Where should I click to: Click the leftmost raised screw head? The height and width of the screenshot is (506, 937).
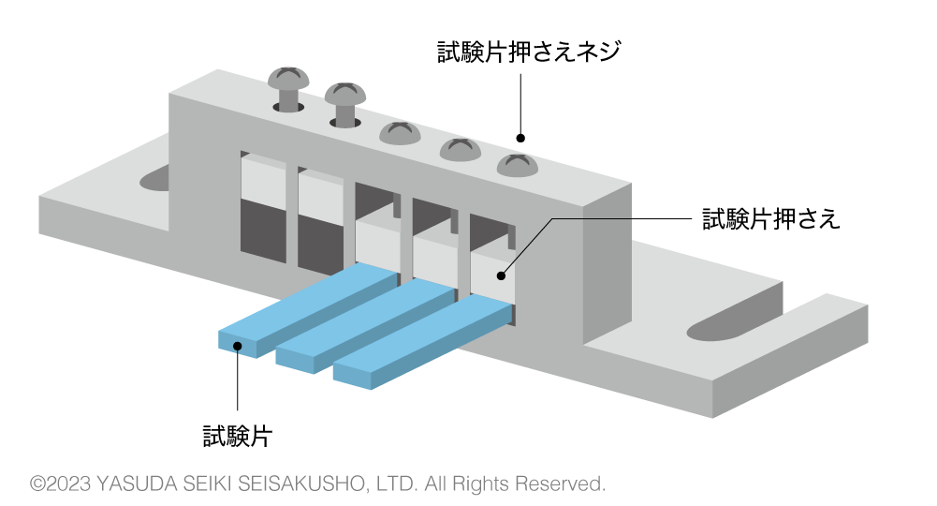288,80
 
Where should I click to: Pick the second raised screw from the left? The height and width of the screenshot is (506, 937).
345,94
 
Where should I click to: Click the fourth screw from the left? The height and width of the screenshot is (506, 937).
460,149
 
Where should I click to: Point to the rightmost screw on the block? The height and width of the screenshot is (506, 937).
517,166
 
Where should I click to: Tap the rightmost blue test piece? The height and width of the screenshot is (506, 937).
421,337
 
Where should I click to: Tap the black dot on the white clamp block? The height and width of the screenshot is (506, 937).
501,275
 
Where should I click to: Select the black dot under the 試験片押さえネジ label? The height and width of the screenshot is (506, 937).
520,139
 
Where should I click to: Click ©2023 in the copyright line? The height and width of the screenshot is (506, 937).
61,484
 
